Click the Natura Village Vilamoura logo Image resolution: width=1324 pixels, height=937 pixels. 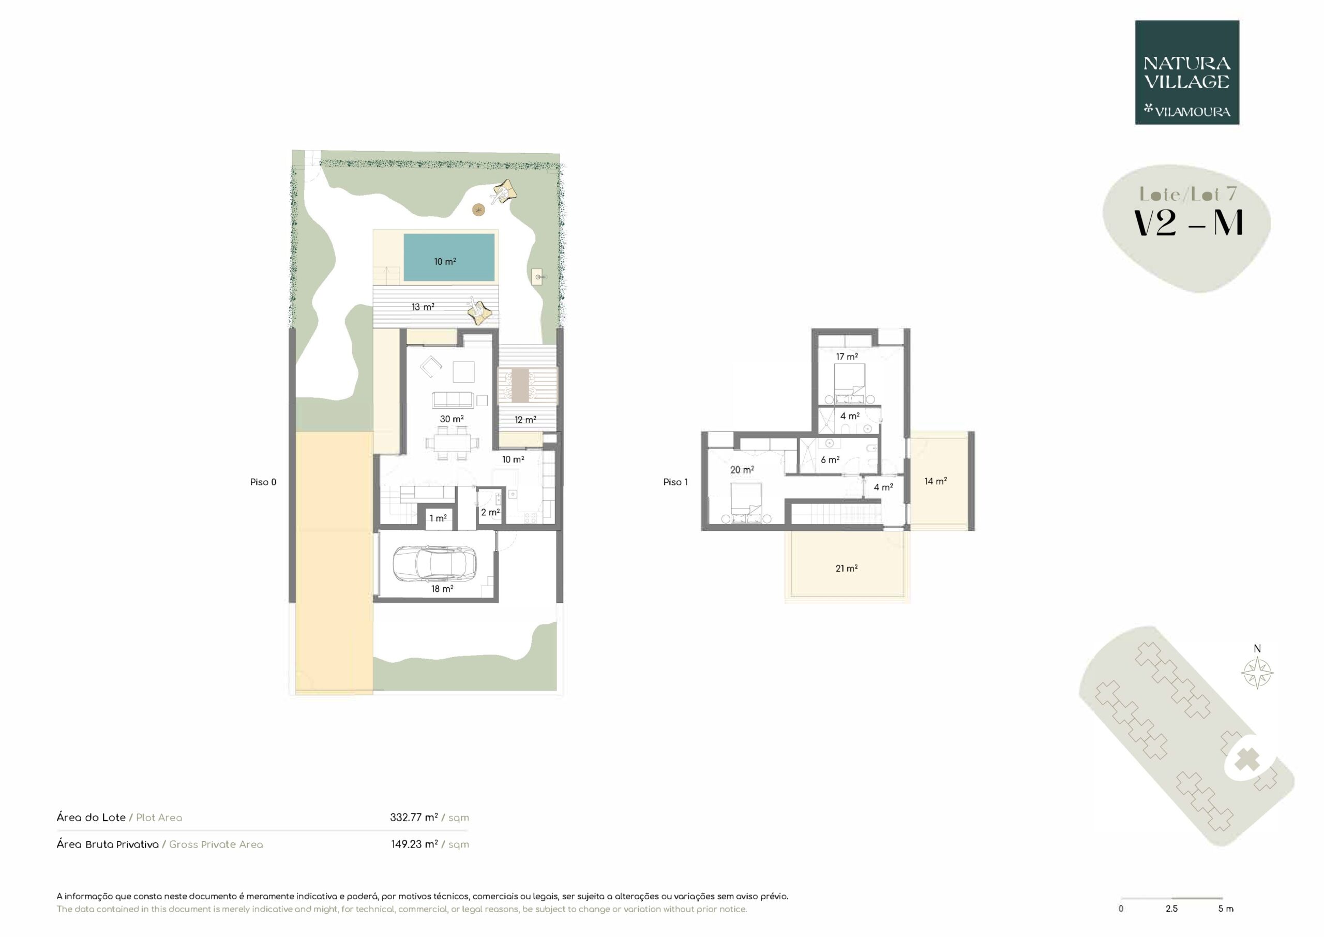(1187, 73)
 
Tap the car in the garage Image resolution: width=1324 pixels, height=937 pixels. (434, 563)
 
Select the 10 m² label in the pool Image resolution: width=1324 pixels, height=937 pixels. (445, 261)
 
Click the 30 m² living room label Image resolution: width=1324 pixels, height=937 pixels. (452, 419)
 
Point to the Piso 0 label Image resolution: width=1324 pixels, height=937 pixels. (263, 482)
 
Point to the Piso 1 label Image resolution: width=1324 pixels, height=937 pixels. (675, 482)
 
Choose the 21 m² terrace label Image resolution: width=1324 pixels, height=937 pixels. (847, 568)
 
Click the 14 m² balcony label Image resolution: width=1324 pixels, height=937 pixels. (936, 481)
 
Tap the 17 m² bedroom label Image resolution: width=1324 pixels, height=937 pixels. (847, 356)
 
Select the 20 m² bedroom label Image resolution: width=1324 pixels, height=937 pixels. (742, 470)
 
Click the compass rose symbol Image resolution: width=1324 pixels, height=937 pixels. (1257, 673)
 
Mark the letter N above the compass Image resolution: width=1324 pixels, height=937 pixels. (1257, 648)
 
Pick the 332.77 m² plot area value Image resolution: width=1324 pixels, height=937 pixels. (413, 817)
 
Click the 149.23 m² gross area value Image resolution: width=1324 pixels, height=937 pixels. (414, 844)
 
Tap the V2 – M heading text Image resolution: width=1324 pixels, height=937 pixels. (1188, 222)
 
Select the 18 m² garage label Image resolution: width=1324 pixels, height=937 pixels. (442, 588)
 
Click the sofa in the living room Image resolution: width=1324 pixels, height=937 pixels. (453, 400)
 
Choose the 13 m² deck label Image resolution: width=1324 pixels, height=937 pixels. (423, 307)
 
